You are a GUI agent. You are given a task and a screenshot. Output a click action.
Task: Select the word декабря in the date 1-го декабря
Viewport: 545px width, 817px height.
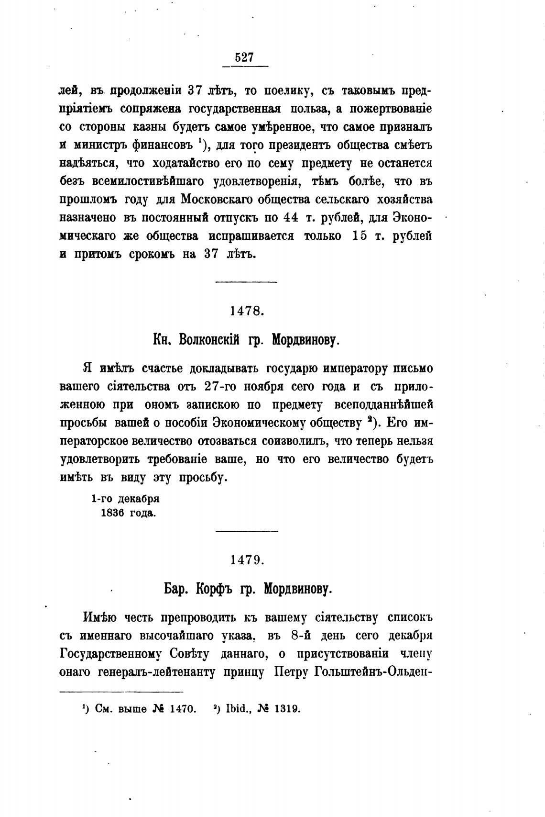[138, 498]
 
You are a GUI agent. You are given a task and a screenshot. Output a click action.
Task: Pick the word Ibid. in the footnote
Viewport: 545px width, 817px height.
[235, 709]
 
